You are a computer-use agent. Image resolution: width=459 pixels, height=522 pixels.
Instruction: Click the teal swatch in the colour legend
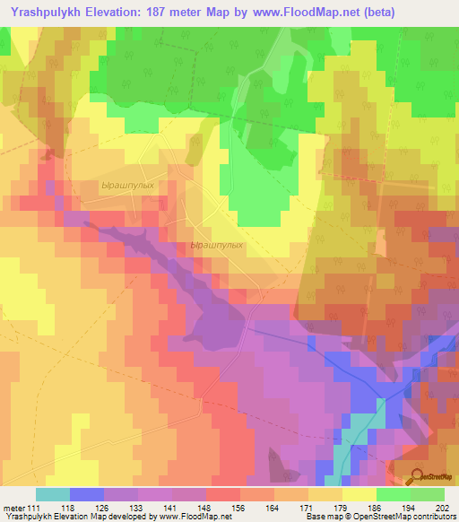pos(53,494)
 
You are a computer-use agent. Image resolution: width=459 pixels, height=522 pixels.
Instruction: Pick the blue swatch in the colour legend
pos(87,494)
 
